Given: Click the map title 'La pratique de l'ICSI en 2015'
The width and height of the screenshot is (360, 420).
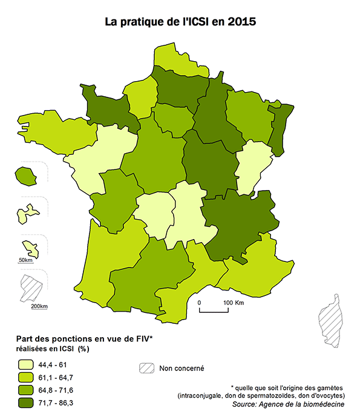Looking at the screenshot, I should click(180, 22).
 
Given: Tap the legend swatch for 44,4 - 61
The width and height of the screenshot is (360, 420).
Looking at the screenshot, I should click(25, 365).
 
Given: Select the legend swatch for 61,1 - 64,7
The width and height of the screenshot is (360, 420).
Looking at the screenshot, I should click(25, 378).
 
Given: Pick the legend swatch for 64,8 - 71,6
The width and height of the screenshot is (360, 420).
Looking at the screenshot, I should click(25, 390).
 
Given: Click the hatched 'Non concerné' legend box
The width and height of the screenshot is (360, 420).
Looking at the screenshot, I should click(146, 368).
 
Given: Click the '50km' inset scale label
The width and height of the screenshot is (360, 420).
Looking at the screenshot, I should click(25, 260).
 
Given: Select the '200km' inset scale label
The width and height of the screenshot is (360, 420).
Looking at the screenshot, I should click(39, 306).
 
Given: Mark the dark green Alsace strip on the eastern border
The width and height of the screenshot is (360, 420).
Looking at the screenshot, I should click(277, 124).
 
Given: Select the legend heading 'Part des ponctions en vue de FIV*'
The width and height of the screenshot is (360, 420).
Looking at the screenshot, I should click(84, 340).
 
